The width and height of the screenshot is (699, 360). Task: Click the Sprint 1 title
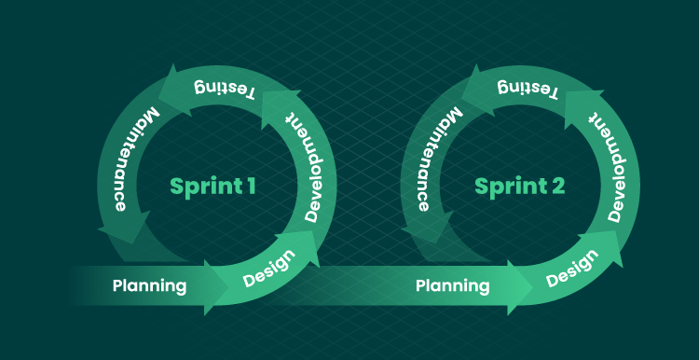[212, 187]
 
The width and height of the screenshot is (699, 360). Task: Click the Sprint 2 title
[519, 187]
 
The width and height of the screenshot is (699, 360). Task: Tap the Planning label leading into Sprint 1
[149, 286]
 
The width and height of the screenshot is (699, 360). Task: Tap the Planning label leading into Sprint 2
[452, 286]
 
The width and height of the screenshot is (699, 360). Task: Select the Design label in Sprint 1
[269, 268]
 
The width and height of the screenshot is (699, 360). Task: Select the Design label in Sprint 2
[573, 268]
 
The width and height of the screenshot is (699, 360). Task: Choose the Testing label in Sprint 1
[225, 90]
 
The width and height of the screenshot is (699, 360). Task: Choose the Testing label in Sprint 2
[528, 90]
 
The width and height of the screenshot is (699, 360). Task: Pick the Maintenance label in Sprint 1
[130, 159]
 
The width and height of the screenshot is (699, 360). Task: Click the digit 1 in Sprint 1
[251, 186]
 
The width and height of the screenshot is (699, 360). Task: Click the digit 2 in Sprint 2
[558, 186]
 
